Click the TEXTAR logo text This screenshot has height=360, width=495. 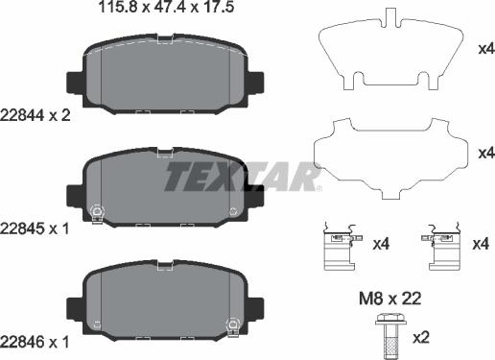239,178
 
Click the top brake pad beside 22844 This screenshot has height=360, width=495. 163,77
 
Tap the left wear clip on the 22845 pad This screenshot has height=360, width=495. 95,212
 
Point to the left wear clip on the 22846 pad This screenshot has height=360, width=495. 95,324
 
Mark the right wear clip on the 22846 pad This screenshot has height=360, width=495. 231,324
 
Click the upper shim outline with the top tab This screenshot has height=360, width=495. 389,53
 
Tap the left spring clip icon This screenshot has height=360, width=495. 340,246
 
